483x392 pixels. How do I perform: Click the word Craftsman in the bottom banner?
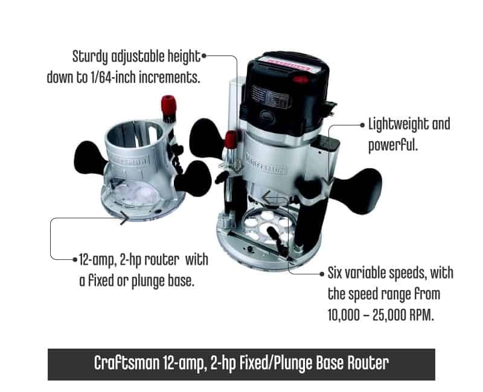click(x=127, y=363)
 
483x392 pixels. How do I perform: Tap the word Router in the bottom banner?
click(x=368, y=363)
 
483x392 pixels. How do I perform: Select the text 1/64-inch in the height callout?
click(x=113, y=77)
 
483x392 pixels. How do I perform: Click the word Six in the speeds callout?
click(x=334, y=273)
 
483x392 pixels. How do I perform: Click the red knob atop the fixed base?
click(x=168, y=104)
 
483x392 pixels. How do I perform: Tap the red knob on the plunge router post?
click(x=231, y=139)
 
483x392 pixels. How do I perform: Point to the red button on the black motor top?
click(x=301, y=80)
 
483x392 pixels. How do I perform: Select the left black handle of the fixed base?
click(x=90, y=157)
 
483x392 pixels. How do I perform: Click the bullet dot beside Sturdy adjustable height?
click(x=203, y=56)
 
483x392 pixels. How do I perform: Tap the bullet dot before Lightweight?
click(x=363, y=125)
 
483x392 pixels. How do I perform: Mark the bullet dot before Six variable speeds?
click(x=322, y=274)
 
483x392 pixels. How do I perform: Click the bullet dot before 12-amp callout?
click(x=75, y=260)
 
